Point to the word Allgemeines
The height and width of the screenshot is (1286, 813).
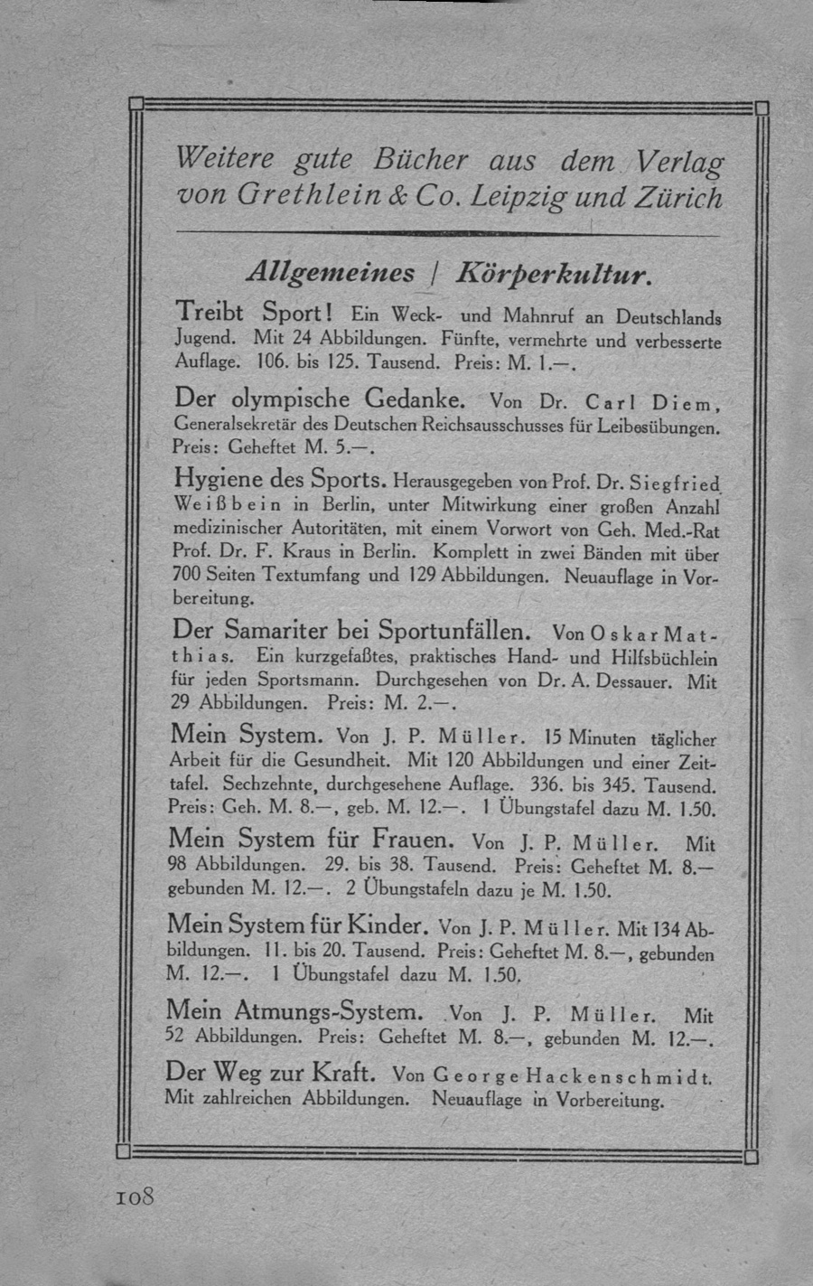[332, 272]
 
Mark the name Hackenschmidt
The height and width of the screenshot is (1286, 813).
[620, 1077]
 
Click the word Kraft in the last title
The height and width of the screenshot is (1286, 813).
[341, 1074]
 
